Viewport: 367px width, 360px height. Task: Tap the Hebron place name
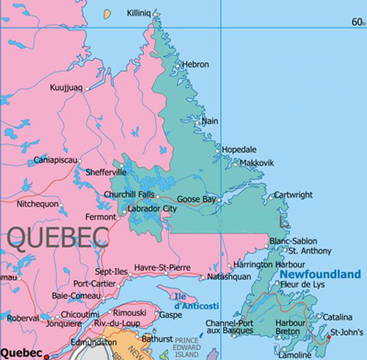click(195, 64)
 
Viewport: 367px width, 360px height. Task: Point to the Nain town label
click(210, 120)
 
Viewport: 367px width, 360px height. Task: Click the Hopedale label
click(239, 149)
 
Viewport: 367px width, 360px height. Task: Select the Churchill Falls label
click(129, 195)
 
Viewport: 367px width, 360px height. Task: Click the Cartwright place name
click(293, 195)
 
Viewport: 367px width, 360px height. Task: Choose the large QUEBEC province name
click(64, 238)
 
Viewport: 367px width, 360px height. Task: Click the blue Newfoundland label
click(320, 274)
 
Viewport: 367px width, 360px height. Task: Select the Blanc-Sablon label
click(294, 241)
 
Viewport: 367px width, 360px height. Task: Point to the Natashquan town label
click(229, 276)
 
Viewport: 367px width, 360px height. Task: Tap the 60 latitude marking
click(356, 22)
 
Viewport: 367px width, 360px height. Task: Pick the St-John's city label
click(347, 332)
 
